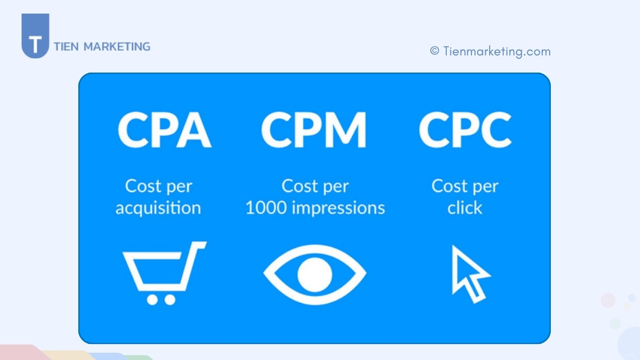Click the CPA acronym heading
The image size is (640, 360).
pyautogui.click(x=164, y=130)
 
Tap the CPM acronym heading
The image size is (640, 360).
pyautogui.click(x=313, y=130)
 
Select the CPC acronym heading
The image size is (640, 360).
pyautogui.click(x=465, y=130)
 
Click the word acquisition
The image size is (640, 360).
pyautogui.click(x=158, y=208)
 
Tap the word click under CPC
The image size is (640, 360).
pyautogui.click(x=465, y=208)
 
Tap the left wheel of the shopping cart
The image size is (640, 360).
pyautogui.click(x=153, y=299)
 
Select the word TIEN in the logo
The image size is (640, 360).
pyautogui.click(x=66, y=47)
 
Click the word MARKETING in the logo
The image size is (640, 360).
pyautogui.click(x=117, y=47)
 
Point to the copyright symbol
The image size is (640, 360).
pyautogui.click(x=435, y=51)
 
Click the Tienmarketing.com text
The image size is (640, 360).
pyautogui.click(x=497, y=51)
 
